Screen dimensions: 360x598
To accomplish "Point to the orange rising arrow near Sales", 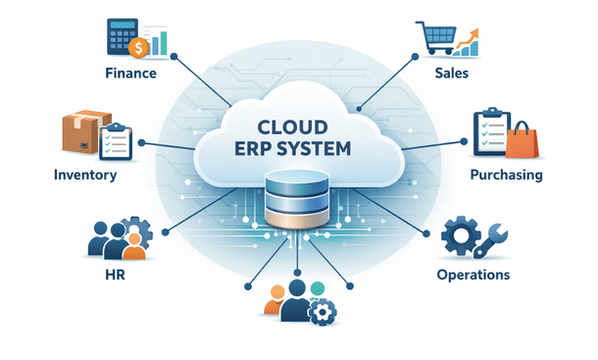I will click(x=473, y=42).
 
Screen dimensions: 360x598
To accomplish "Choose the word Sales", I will click(x=458, y=73).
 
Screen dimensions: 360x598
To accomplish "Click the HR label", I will click(x=114, y=276).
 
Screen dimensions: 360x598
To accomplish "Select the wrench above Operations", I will click(x=490, y=238).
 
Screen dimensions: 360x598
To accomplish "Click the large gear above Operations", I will click(x=461, y=236).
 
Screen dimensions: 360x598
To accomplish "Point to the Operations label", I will click(x=473, y=276).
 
